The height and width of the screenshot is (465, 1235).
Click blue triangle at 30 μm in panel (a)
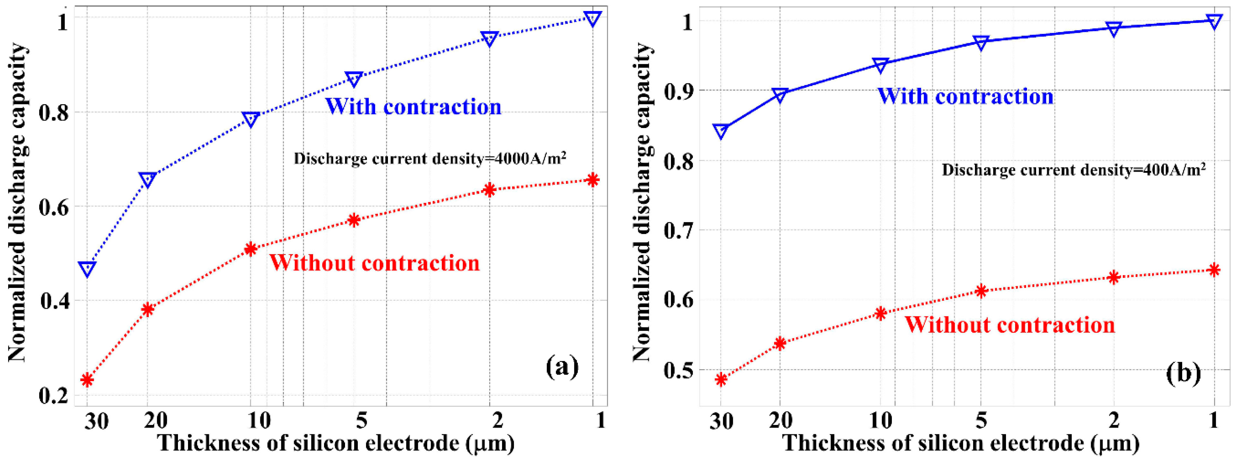[87, 268]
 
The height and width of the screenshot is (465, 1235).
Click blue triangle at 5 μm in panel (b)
[981, 42]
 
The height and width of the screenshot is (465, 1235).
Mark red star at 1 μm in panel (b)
[1214, 270]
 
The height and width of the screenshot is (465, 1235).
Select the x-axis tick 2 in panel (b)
[1114, 421]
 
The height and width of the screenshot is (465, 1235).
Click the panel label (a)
[562, 367]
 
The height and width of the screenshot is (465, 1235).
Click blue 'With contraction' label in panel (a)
[413, 106]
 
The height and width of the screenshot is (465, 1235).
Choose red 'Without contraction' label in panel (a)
[374, 263]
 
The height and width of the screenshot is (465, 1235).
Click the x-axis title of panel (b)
[961, 443]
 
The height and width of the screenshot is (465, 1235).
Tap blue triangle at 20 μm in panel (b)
[780, 95]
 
